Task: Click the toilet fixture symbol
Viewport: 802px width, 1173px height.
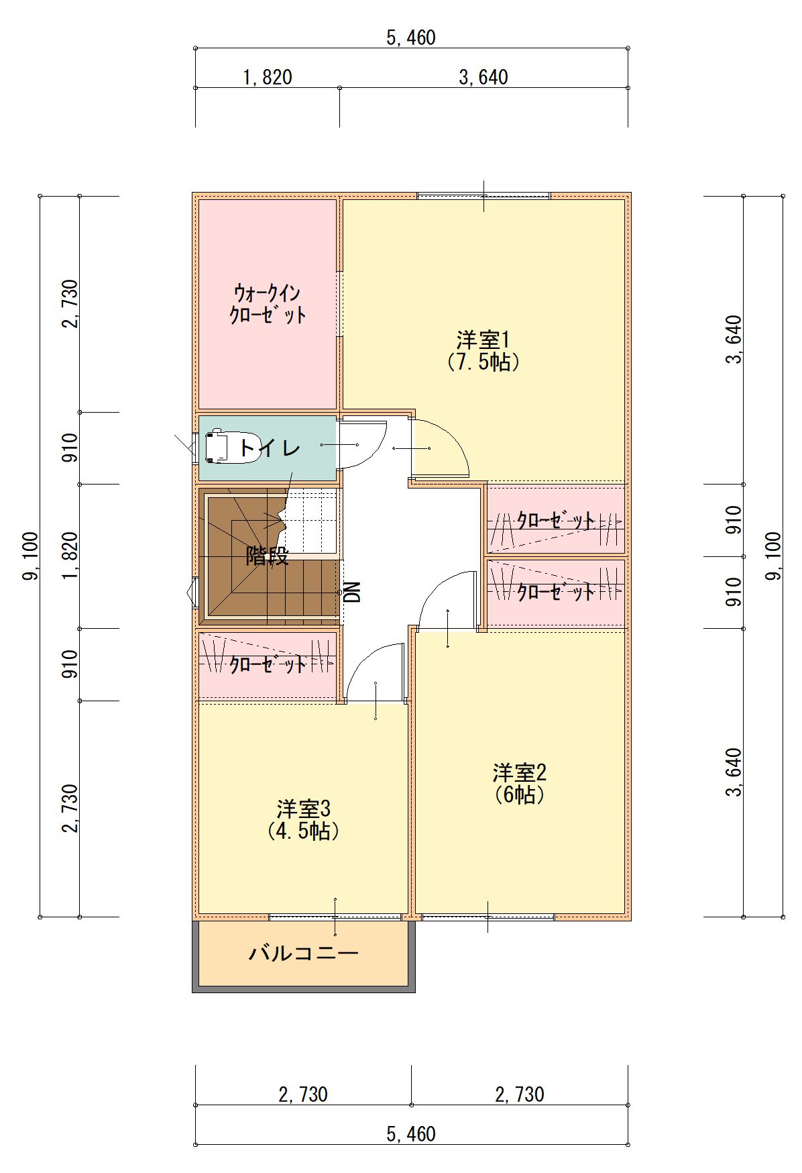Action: point(225,446)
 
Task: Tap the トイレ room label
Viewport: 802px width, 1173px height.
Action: point(270,447)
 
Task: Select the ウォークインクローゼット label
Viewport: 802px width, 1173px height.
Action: point(268,304)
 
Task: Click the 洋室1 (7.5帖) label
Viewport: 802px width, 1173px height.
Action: point(483,350)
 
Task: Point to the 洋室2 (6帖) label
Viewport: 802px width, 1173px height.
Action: point(520,783)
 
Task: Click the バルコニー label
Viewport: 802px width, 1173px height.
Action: point(304,953)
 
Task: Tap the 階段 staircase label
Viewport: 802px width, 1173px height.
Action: point(267,556)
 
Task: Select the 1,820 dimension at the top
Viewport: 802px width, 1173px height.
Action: point(268,78)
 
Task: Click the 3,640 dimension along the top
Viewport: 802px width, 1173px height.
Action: point(483,78)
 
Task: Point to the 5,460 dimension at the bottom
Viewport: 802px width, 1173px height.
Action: point(411,1134)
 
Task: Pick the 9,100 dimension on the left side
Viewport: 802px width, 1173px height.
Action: point(32,556)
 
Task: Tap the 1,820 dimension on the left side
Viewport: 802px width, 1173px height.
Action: point(71,556)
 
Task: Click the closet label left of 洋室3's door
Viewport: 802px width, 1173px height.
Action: point(268,664)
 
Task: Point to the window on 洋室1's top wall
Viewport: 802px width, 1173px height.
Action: point(483,196)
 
